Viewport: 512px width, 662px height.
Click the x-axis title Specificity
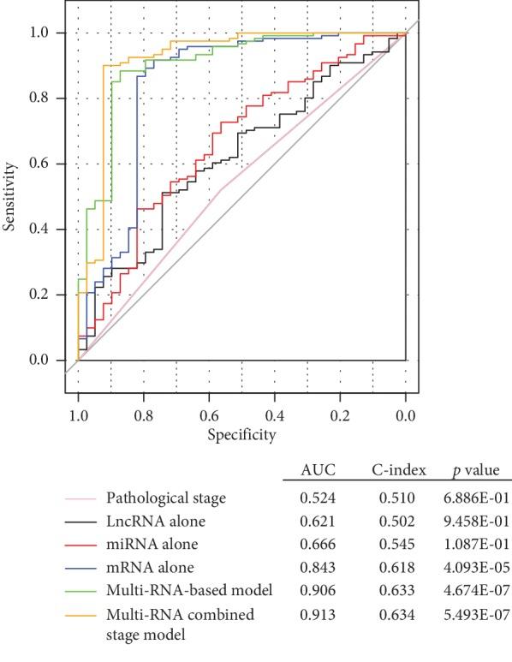click(241, 435)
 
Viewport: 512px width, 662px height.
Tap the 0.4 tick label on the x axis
click(274, 416)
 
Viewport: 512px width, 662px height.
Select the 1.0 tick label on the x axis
click(78, 416)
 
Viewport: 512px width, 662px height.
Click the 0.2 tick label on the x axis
click(340, 416)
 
